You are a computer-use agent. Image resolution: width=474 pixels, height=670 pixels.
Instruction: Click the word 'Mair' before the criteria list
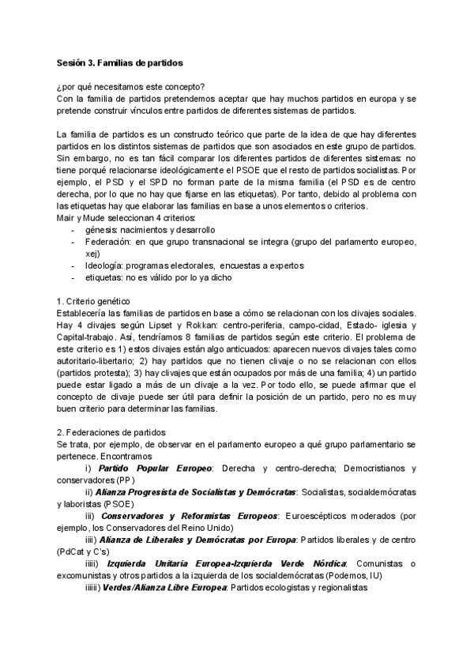coord(68,216)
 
